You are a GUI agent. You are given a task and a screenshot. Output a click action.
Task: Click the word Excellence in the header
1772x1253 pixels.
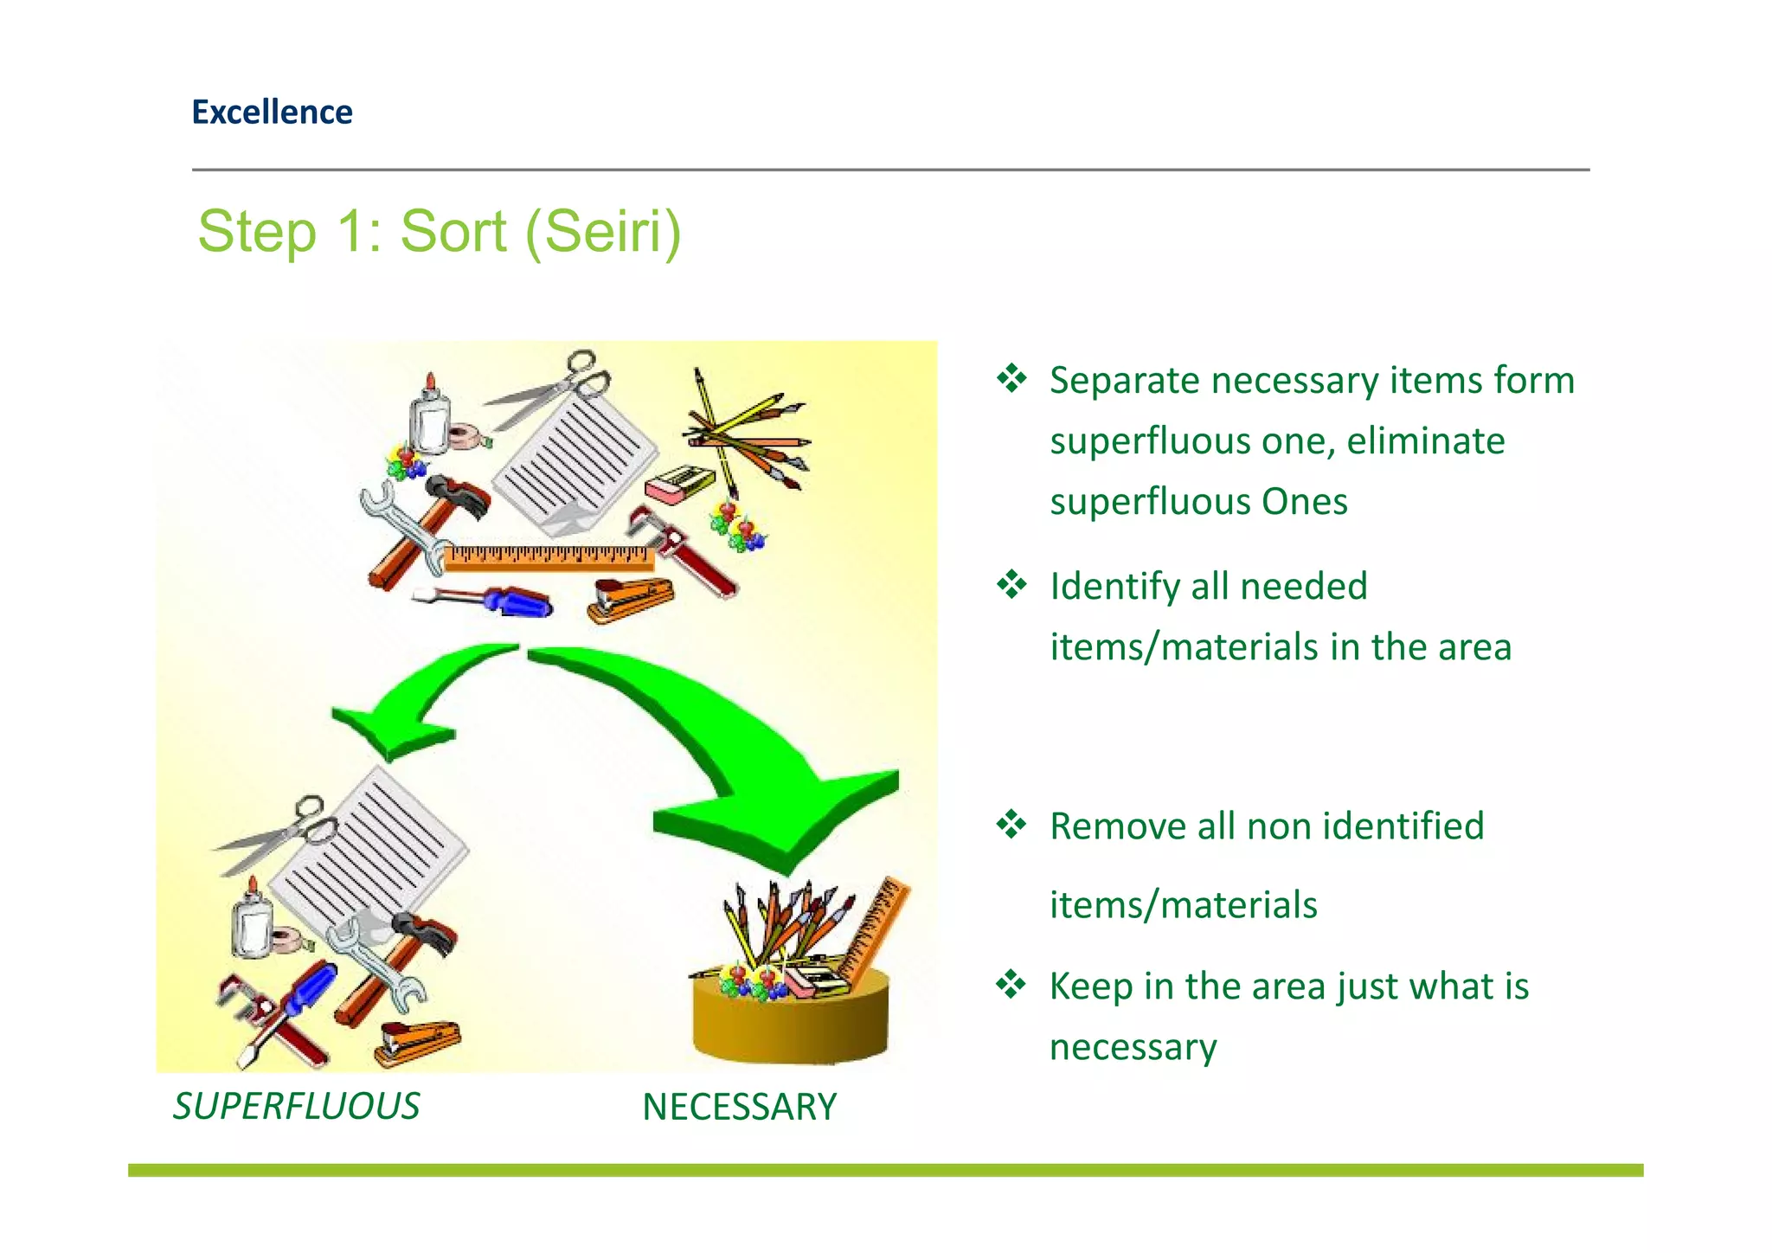click(272, 112)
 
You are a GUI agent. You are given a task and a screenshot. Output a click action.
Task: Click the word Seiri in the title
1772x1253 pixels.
click(602, 232)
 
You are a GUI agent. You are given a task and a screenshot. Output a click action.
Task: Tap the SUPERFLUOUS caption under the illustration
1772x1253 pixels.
click(296, 1106)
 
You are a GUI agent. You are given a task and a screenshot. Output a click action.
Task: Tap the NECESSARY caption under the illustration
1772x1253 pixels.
click(739, 1107)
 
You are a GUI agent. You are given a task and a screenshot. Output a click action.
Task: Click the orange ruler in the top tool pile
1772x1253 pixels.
click(549, 557)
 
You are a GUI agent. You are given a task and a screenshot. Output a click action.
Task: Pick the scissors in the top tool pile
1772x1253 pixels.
click(554, 389)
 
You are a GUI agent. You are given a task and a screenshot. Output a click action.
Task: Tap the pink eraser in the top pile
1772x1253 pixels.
click(679, 485)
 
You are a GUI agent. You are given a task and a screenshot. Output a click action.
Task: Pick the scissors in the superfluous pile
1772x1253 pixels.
click(277, 834)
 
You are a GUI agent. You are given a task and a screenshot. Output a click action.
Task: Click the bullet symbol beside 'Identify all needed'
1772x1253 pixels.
click(1011, 586)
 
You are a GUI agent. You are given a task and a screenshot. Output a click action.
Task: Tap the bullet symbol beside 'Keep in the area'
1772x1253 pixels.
click(1011, 985)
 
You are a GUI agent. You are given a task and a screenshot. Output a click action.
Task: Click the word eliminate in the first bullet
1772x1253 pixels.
click(1425, 441)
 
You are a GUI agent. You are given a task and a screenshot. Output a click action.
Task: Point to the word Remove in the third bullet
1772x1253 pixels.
click(1117, 826)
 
